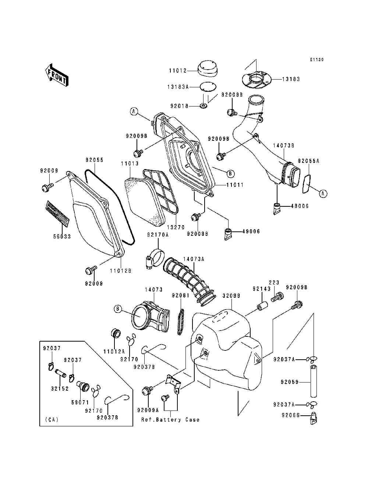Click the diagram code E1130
coord(317,59)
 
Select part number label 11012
coord(178,70)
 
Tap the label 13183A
coord(178,87)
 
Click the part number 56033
coord(62,236)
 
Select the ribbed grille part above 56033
coord(57,213)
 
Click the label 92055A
coord(308,161)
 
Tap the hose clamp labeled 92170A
coord(156,260)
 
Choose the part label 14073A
coord(194,259)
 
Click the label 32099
coord(231,296)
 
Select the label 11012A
coord(114,352)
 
